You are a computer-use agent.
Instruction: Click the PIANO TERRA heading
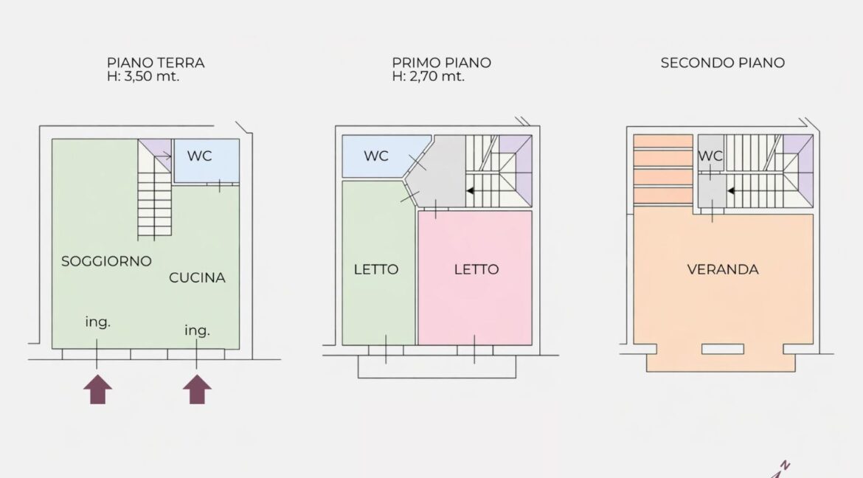pyautogui.click(x=156, y=63)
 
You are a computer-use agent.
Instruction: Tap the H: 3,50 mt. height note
pyautogui.click(x=143, y=76)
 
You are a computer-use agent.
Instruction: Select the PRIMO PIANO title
pyautogui.click(x=441, y=63)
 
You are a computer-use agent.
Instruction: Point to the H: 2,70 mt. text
pyautogui.click(x=429, y=76)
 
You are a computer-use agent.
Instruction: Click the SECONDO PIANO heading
pyautogui.click(x=723, y=63)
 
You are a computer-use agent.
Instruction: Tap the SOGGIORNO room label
pyautogui.click(x=106, y=261)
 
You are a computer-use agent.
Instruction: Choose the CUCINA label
pyautogui.click(x=197, y=277)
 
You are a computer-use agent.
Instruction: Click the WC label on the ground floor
pyautogui.click(x=199, y=156)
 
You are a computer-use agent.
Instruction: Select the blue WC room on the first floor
pyautogui.click(x=383, y=156)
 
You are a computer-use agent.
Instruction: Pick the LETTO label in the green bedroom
pyautogui.click(x=376, y=269)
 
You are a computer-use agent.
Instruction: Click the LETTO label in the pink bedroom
pyautogui.click(x=476, y=269)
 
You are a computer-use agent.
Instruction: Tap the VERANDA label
pyautogui.click(x=723, y=269)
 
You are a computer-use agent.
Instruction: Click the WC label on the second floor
pyautogui.click(x=710, y=156)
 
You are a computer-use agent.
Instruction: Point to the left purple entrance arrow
pyautogui.click(x=98, y=389)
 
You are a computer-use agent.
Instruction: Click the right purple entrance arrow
pyautogui.click(x=197, y=389)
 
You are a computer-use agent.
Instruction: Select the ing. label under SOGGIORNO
pyautogui.click(x=98, y=322)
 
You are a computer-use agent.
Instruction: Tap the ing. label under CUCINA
pyautogui.click(x=197, y=330)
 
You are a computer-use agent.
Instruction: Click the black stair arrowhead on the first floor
pyautogui.click(x=471, y=190)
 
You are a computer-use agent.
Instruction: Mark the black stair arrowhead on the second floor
pyautogui.click(x=732, y=191)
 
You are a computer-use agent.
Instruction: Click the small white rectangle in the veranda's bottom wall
pyautogui.click(x=723, y=349)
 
